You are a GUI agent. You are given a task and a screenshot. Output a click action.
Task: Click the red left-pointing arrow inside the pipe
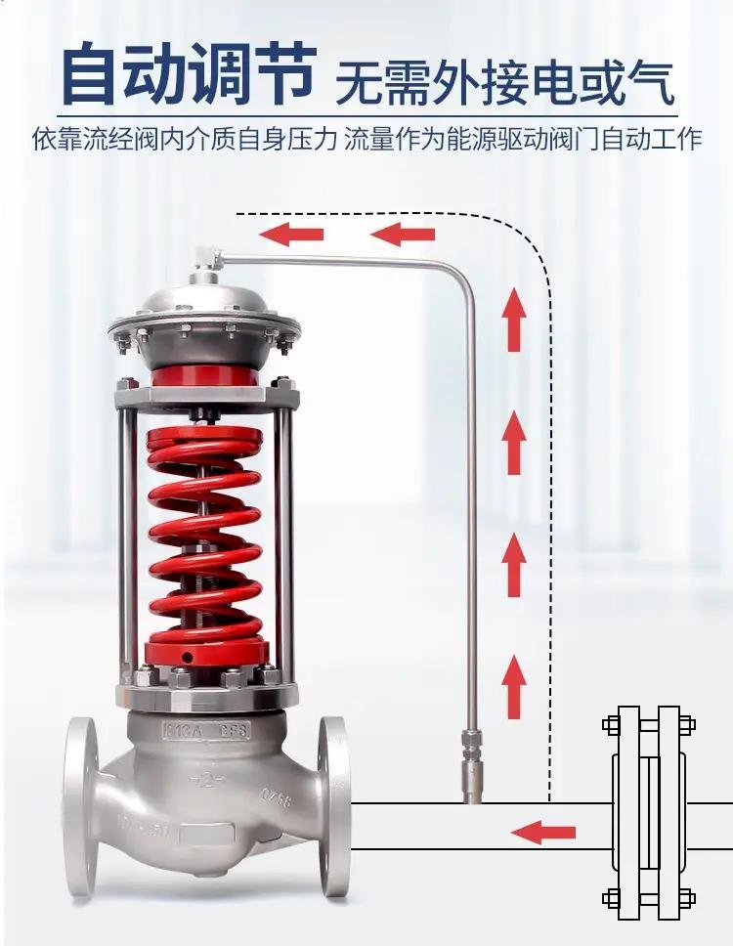(543, 833)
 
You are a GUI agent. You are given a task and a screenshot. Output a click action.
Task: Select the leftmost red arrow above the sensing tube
(292, 234)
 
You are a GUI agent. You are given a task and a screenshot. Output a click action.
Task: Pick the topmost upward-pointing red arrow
(514, 320)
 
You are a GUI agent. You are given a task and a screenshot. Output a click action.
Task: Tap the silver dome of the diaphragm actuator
(204, 314)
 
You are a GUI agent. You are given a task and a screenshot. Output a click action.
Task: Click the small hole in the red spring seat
(190, 657)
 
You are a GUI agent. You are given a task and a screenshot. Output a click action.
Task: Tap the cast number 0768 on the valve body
(277, 798)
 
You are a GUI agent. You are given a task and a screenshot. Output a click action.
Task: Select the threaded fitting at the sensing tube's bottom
(471, 766)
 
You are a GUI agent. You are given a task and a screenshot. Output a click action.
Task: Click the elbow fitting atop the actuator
(208, 258)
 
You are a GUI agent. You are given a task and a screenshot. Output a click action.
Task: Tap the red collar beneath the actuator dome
(205, 375)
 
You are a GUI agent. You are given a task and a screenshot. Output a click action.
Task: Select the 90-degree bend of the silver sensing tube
(462, 273)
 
